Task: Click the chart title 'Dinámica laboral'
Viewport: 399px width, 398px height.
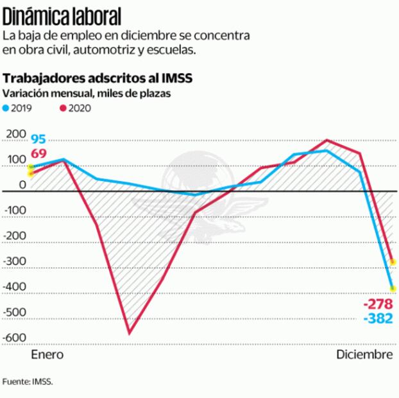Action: tap(62, 13)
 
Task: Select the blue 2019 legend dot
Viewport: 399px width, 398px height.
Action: tap(7, 108)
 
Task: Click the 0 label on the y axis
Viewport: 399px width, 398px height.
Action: tap(22, 185)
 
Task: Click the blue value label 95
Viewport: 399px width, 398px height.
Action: tap(38, 139)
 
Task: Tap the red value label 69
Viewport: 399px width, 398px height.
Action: tap(38, 153)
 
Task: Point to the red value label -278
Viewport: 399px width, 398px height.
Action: tap(377, 304)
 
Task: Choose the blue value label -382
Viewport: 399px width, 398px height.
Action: tap(377, 318)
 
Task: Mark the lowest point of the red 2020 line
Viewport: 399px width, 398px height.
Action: tap(129, 333)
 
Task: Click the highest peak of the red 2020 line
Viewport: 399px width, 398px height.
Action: tap(327, 140)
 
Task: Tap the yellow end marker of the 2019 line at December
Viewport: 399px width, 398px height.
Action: tap(393, 288)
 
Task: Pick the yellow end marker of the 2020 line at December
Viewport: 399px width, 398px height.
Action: tap(393, 262)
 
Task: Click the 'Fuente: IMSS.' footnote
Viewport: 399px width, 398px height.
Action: tap(28, 381)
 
